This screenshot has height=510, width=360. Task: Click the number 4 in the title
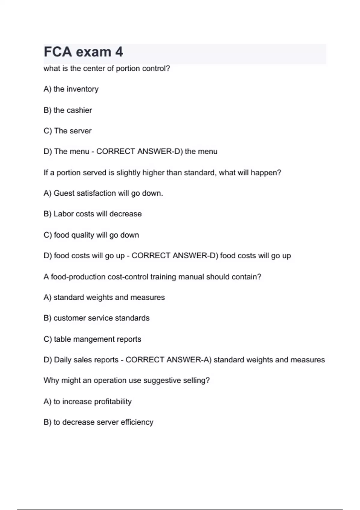point(119,52)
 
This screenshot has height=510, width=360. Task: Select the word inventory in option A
point(82,89)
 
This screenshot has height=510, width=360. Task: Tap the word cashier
point(79,110)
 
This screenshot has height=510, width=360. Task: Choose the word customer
point(70,318)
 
